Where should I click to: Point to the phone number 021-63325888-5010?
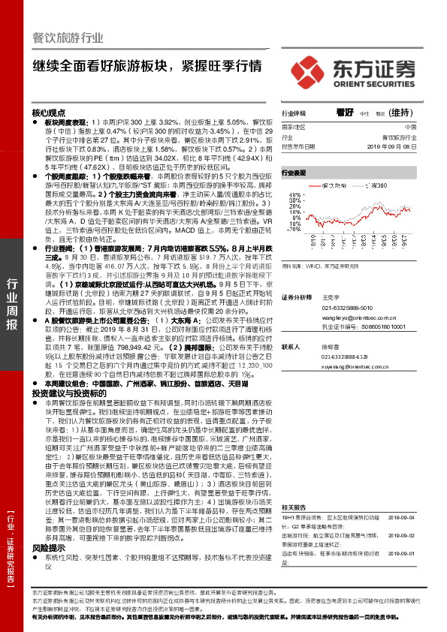click(342, 308)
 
